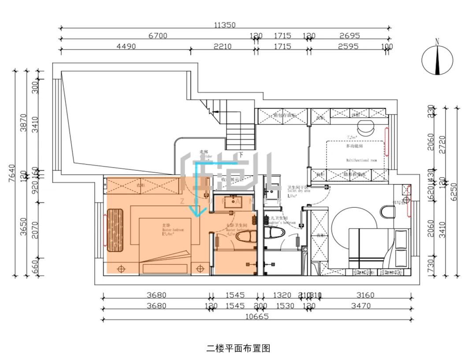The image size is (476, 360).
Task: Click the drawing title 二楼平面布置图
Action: pyautogui.click(x=238, y=349)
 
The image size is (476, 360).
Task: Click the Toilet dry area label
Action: pyautogui.click(x=299, y=191)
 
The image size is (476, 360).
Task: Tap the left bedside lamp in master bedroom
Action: pyautogui.click(x=122, y=267)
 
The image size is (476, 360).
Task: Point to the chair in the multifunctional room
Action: pyautogui.click(x=364, y=127)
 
